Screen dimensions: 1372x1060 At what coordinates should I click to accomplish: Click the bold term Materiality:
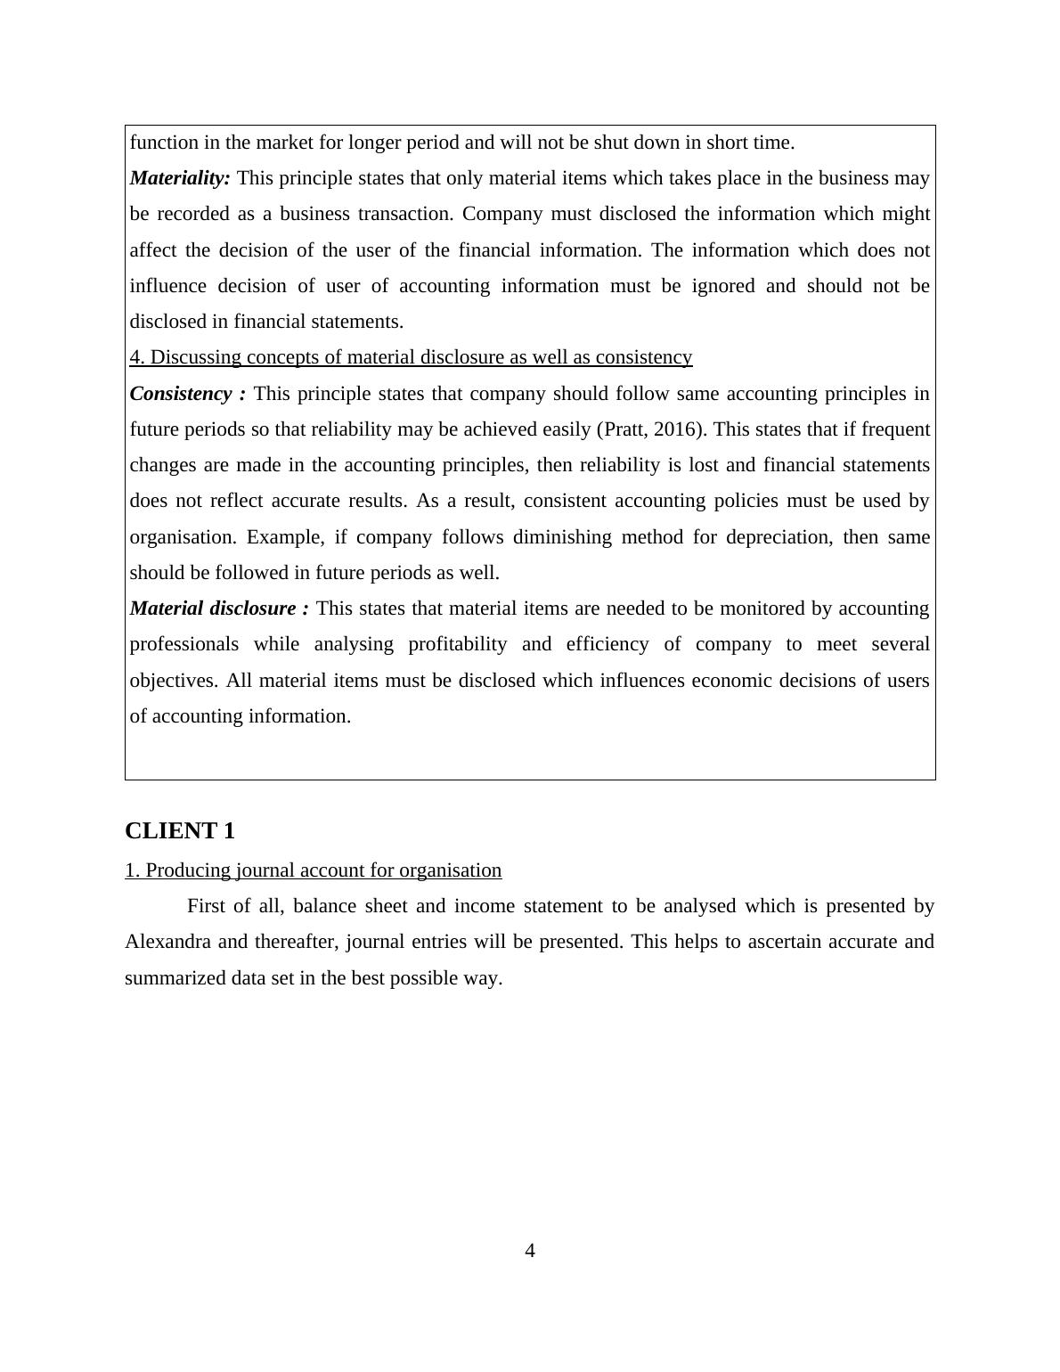click(180, 178)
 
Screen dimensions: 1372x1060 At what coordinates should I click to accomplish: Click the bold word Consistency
click(181, 394)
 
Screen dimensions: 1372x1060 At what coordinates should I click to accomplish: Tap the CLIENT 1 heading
click(180, 831)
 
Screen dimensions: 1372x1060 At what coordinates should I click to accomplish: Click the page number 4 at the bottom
click(530, 1251)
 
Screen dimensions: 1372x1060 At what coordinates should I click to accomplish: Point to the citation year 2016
click(676, 429)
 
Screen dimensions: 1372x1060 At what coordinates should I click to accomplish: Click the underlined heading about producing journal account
click(313, 870)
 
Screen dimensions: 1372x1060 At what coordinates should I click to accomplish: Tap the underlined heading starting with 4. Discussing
click(411, 357)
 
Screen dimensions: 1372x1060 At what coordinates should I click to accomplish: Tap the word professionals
click(184, 644)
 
